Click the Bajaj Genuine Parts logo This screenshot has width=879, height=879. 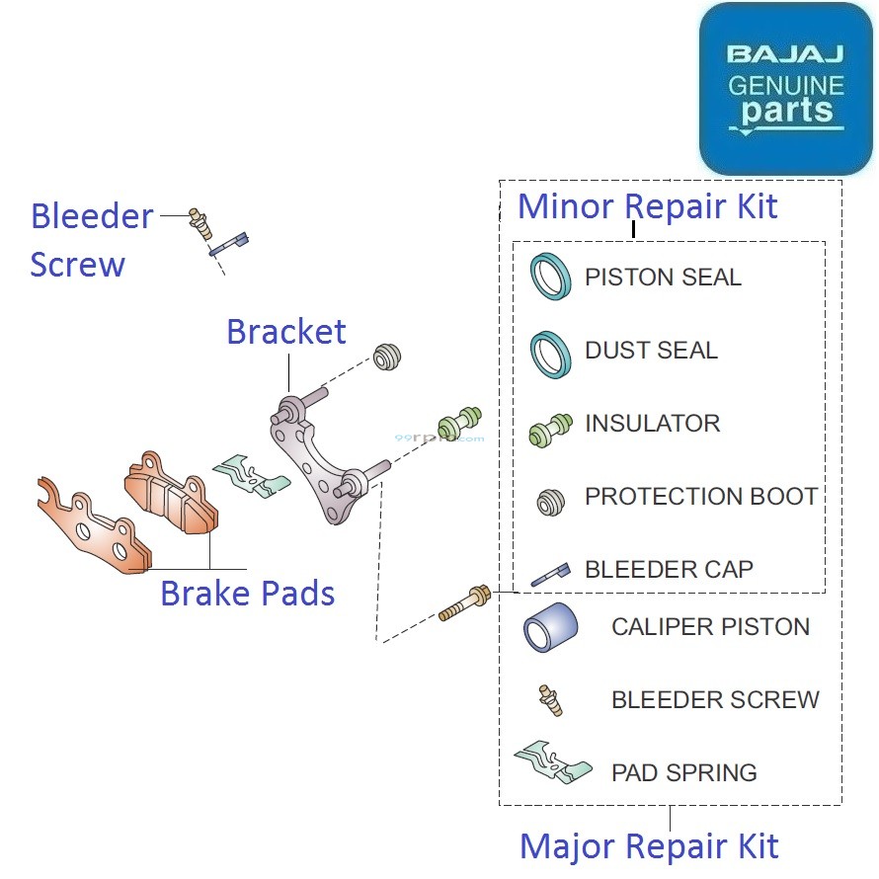(785, 89)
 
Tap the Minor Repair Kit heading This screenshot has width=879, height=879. (648, 206)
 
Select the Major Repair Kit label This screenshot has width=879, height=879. (649, 846)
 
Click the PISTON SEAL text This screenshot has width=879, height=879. (663, 277)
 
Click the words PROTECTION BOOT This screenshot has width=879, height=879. (701, 496)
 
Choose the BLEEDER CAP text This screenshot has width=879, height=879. (669, 569)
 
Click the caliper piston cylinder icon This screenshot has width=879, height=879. (550, 626)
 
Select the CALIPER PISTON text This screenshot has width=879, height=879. (710, 626)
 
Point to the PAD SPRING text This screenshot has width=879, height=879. (684, 772)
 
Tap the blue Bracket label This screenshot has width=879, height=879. (286, 332)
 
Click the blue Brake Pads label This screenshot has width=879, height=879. (247, 594)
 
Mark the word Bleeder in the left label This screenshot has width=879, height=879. (92, 216)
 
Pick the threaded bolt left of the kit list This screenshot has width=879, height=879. (464, 603)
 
